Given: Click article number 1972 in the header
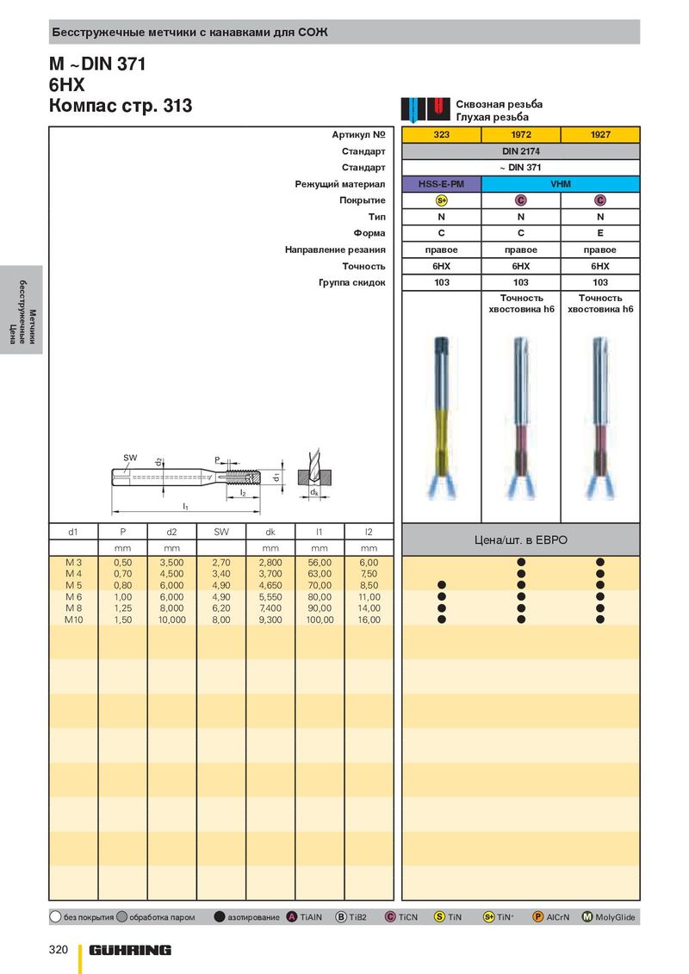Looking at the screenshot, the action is [521, 134].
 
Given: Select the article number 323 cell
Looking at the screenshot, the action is [442, 134].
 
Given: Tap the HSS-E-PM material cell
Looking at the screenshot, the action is [442, 184].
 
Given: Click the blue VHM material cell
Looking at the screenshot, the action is [561, 184].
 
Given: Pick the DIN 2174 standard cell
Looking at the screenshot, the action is [521, 151].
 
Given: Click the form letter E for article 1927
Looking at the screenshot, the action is [600, 233].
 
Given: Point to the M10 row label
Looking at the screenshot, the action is [73, 620].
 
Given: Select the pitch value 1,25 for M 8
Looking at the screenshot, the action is [123, 608].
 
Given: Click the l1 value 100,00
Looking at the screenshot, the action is [320, 620].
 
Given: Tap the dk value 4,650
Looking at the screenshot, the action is [270, 585].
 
